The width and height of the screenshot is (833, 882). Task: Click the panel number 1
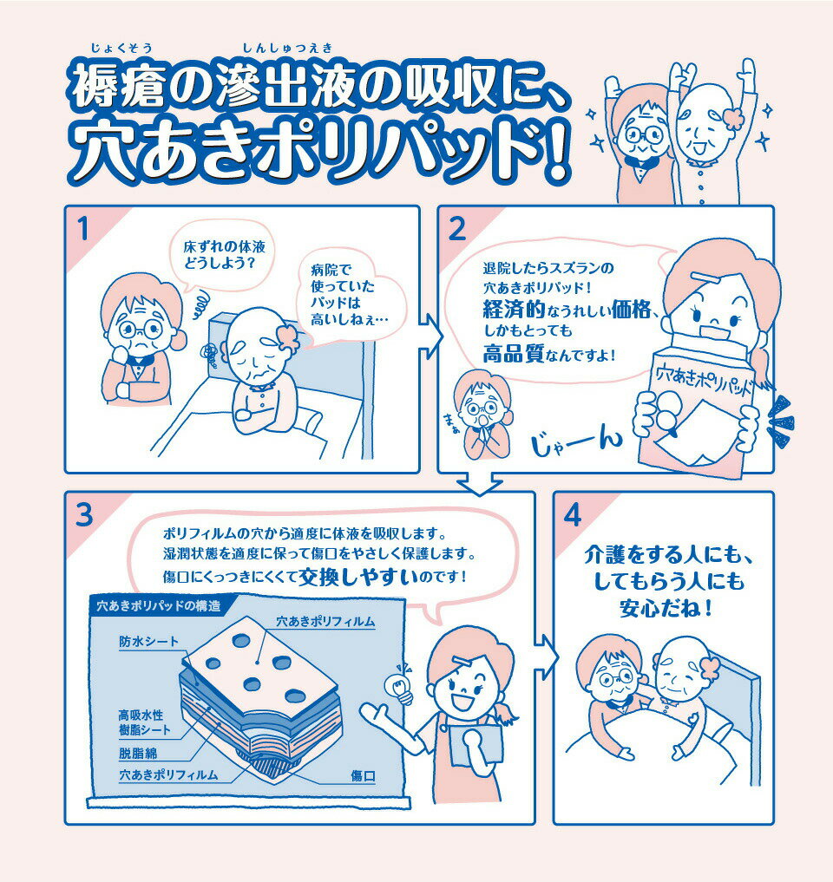click(83, 230)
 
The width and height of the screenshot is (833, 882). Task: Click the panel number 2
click(456, 230)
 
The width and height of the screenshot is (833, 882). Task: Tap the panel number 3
click(84, 515)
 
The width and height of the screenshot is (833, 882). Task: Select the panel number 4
click(573, 515)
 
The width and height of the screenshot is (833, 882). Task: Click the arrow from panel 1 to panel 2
click(430, 336)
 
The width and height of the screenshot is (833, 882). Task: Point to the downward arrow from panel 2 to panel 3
click(480, 483)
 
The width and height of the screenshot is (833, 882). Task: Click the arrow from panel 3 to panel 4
click(545, 657)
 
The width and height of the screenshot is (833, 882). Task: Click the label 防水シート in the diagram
click(148, 642)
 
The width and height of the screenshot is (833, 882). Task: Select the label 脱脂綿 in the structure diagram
click(138, 753)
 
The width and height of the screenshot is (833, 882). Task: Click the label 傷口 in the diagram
click(363, 776)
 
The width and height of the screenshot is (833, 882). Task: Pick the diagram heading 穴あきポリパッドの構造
click(159, 606)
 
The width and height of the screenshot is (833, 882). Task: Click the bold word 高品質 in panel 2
click(513, 354)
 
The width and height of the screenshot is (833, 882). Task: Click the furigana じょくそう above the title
click(121, 48)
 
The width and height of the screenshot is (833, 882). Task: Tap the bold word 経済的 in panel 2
click(513, 310)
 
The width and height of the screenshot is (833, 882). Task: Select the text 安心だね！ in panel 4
click(666, 608)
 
